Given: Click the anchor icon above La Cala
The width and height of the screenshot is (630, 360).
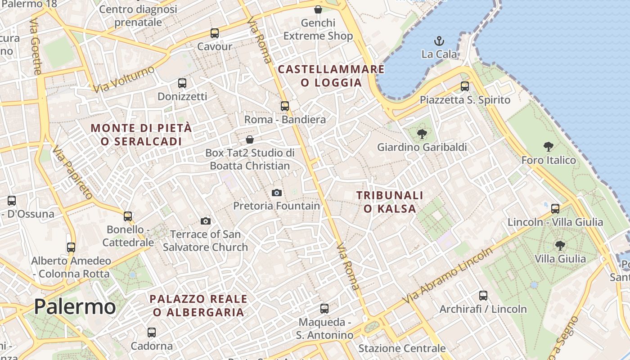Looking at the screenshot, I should [x=439, y=41].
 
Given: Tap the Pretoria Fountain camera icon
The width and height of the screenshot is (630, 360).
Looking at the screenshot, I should [x=277, y=193].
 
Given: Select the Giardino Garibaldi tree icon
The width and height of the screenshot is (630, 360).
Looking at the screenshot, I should [x=422, y=134].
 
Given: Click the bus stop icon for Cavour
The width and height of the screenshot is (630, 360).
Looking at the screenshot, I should [x=215, y=33].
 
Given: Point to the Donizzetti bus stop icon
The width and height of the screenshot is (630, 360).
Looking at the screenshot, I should [x=182, y=83].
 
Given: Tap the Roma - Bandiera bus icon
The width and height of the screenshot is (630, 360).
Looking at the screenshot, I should [x=285, y=106].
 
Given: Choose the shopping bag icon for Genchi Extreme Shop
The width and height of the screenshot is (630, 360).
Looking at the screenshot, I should [x=318, y=9].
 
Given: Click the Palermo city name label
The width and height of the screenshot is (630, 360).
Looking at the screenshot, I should [x=75, y=307].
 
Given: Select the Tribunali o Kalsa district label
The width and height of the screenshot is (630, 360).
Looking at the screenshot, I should [x=390, y=202].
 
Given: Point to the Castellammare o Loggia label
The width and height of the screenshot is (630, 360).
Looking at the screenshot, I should [x=331, y=76].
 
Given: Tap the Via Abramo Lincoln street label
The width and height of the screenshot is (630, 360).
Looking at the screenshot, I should [x=448, y=275].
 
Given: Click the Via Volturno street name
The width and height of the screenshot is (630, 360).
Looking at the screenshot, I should [x=124, y=79].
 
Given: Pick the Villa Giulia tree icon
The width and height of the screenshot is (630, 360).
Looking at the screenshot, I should [x=560, y=246].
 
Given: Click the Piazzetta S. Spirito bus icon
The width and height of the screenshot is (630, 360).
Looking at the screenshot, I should [x=465, y=86].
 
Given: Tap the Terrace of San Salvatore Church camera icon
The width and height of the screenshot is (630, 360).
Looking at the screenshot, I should [x=206, y=221].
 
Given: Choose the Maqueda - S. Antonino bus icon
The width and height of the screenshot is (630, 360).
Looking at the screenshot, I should [x=324, y=309].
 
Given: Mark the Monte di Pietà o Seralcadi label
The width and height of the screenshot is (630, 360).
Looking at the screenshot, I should [x=141, y=135].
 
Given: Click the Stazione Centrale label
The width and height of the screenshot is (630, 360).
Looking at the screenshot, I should [x=402, y=348].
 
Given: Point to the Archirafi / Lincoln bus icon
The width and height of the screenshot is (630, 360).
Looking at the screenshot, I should [x=483, y=296].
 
